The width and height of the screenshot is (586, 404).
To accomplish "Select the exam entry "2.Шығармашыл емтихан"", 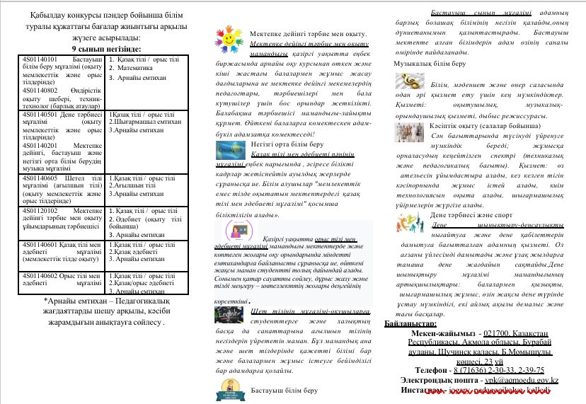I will tap(142, 122).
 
